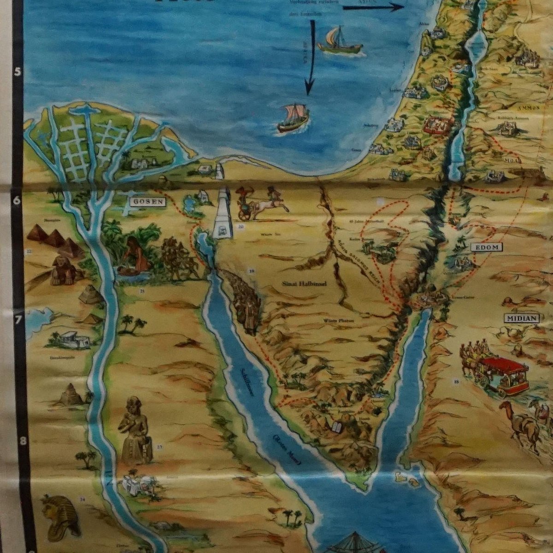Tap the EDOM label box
486,247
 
